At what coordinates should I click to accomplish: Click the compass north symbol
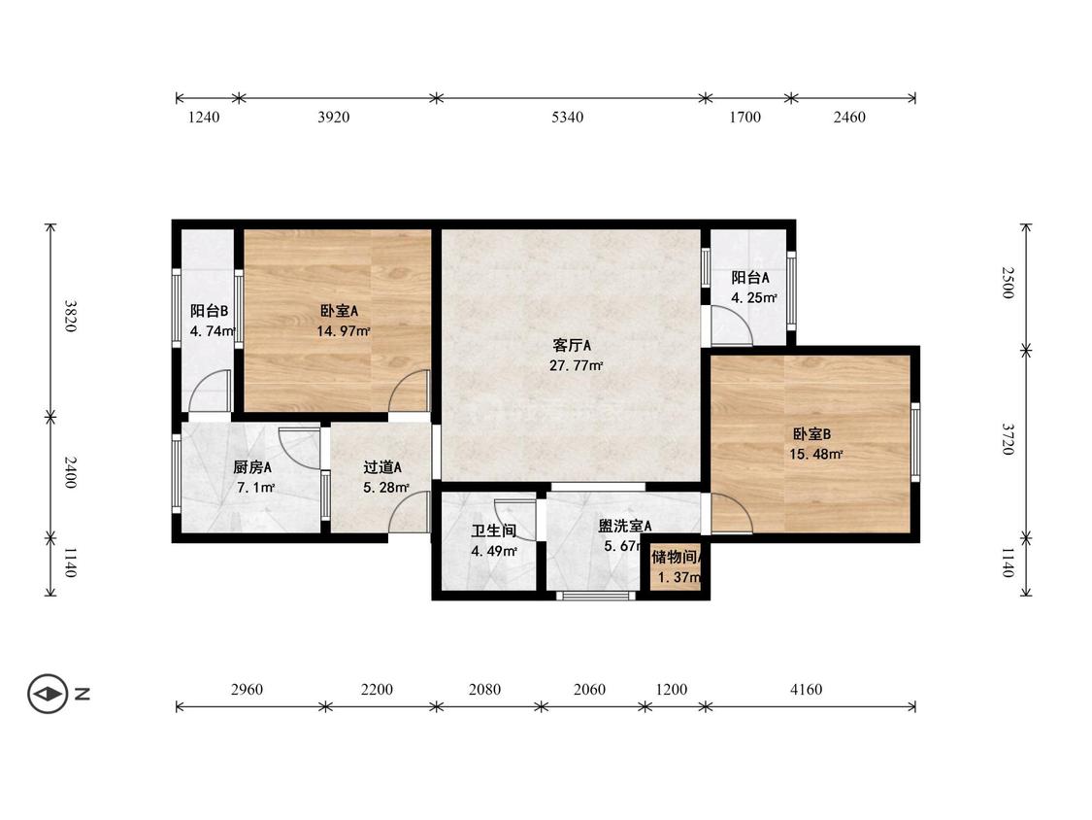pos(48,694)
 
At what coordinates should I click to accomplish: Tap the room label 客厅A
pos(572,345)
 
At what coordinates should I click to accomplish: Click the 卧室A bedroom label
pos(339,311)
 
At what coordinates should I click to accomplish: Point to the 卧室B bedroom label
pos(811,433)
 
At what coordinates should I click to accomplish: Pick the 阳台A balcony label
pos(750,277)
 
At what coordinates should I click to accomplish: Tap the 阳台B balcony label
pos(209,311)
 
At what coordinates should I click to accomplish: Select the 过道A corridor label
pos(382,466)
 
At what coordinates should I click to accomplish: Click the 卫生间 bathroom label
pos(493,531)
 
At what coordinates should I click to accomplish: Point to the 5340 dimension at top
pos(567,118)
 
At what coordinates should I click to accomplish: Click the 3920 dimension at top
pos(333,118)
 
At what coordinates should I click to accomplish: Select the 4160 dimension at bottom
pos(806,690)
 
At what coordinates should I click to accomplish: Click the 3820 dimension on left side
pos(69,315)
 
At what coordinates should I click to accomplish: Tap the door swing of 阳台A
pos(731,325)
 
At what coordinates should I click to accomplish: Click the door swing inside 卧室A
pos(410,392)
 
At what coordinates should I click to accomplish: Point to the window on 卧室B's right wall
pos(914,442)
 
